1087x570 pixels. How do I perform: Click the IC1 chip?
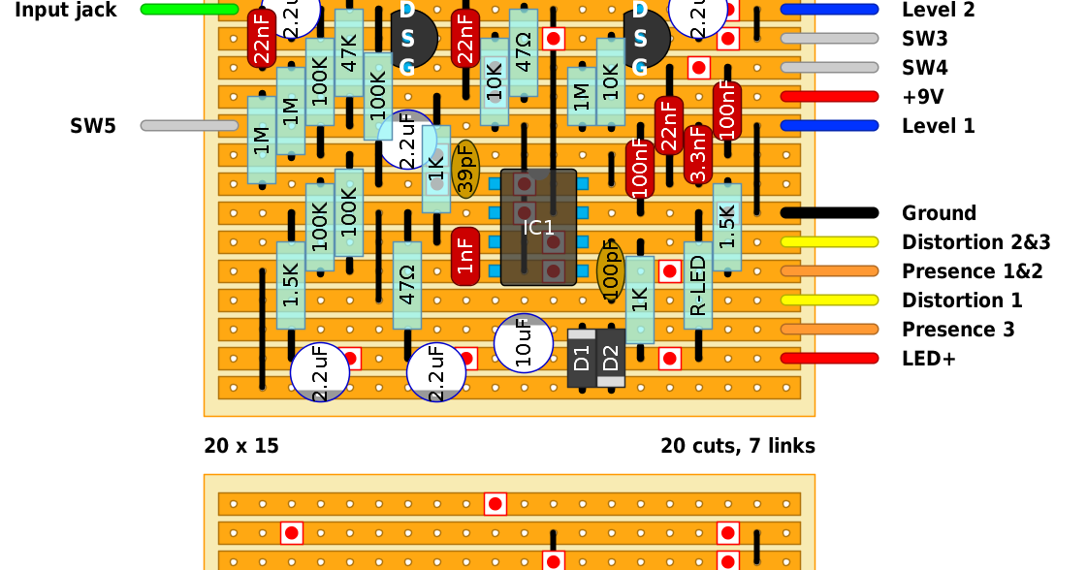(538, 228)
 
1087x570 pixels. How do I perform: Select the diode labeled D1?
(582, 358)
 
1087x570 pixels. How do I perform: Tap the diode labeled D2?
(611, 358)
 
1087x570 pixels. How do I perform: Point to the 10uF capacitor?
(524, 342)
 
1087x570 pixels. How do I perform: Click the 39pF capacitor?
(465, 171)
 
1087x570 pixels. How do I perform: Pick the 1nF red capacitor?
(465, 256)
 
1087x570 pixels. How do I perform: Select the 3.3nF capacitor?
(698, 154)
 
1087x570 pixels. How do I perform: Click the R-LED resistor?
(698, 285)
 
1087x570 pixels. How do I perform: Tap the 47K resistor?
(349, 53)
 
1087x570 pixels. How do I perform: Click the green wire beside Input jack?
(189, 10)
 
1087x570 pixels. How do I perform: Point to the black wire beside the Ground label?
(829, 213)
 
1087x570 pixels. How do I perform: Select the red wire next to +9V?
(829, 97)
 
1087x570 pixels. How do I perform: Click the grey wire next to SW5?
(189, 126)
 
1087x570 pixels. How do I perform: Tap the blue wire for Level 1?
(829, 126)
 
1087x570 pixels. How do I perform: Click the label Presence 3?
(958, 330)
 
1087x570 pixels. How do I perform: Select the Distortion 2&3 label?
(975, 242)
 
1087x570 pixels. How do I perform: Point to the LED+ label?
(929, 359)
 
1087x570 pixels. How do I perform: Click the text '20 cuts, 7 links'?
(738, 446)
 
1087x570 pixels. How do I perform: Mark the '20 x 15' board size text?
(241, 446)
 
